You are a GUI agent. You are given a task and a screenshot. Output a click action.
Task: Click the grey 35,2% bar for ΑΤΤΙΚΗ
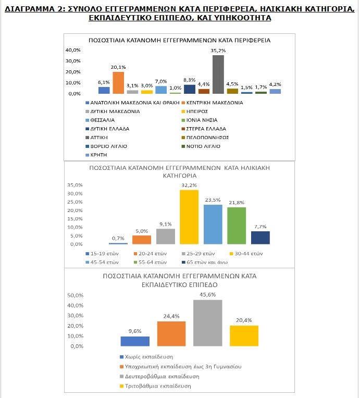(218, 74)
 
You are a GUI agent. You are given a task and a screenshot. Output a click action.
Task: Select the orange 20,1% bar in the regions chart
(118, 83)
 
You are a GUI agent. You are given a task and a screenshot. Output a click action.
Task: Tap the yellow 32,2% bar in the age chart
(189, 217)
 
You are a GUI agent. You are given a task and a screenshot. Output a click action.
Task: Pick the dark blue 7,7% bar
(260, 238)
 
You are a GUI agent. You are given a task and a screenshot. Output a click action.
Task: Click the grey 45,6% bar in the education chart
(208, 323)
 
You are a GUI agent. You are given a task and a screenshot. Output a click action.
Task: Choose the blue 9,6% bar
(135, 341)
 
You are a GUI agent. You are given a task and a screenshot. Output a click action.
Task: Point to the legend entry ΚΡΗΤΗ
(96, 155)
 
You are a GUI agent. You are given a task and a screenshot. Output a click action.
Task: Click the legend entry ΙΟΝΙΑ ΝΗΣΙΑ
(200, 120)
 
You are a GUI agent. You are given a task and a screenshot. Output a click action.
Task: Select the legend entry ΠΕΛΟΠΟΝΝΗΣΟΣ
(205, 138)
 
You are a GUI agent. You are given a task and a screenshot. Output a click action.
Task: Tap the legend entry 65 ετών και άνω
(205, 262)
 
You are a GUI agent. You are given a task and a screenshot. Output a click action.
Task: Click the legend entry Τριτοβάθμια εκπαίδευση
(155, 386)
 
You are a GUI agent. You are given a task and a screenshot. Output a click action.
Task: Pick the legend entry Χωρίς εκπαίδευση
(146, 357)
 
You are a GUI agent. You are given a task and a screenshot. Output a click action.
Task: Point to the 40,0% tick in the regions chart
(73, 50)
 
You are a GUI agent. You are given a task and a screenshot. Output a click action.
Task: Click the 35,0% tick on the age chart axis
(75, 185)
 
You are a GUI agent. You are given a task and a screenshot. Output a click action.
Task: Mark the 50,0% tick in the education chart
(76, 295)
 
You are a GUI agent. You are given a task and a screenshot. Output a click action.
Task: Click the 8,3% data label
(190, 80)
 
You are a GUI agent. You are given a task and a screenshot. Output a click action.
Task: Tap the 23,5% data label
(213, 200)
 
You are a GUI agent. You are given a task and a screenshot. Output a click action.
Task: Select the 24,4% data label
(171, 316)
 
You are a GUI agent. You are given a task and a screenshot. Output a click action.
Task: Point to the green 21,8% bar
(237, 226)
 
